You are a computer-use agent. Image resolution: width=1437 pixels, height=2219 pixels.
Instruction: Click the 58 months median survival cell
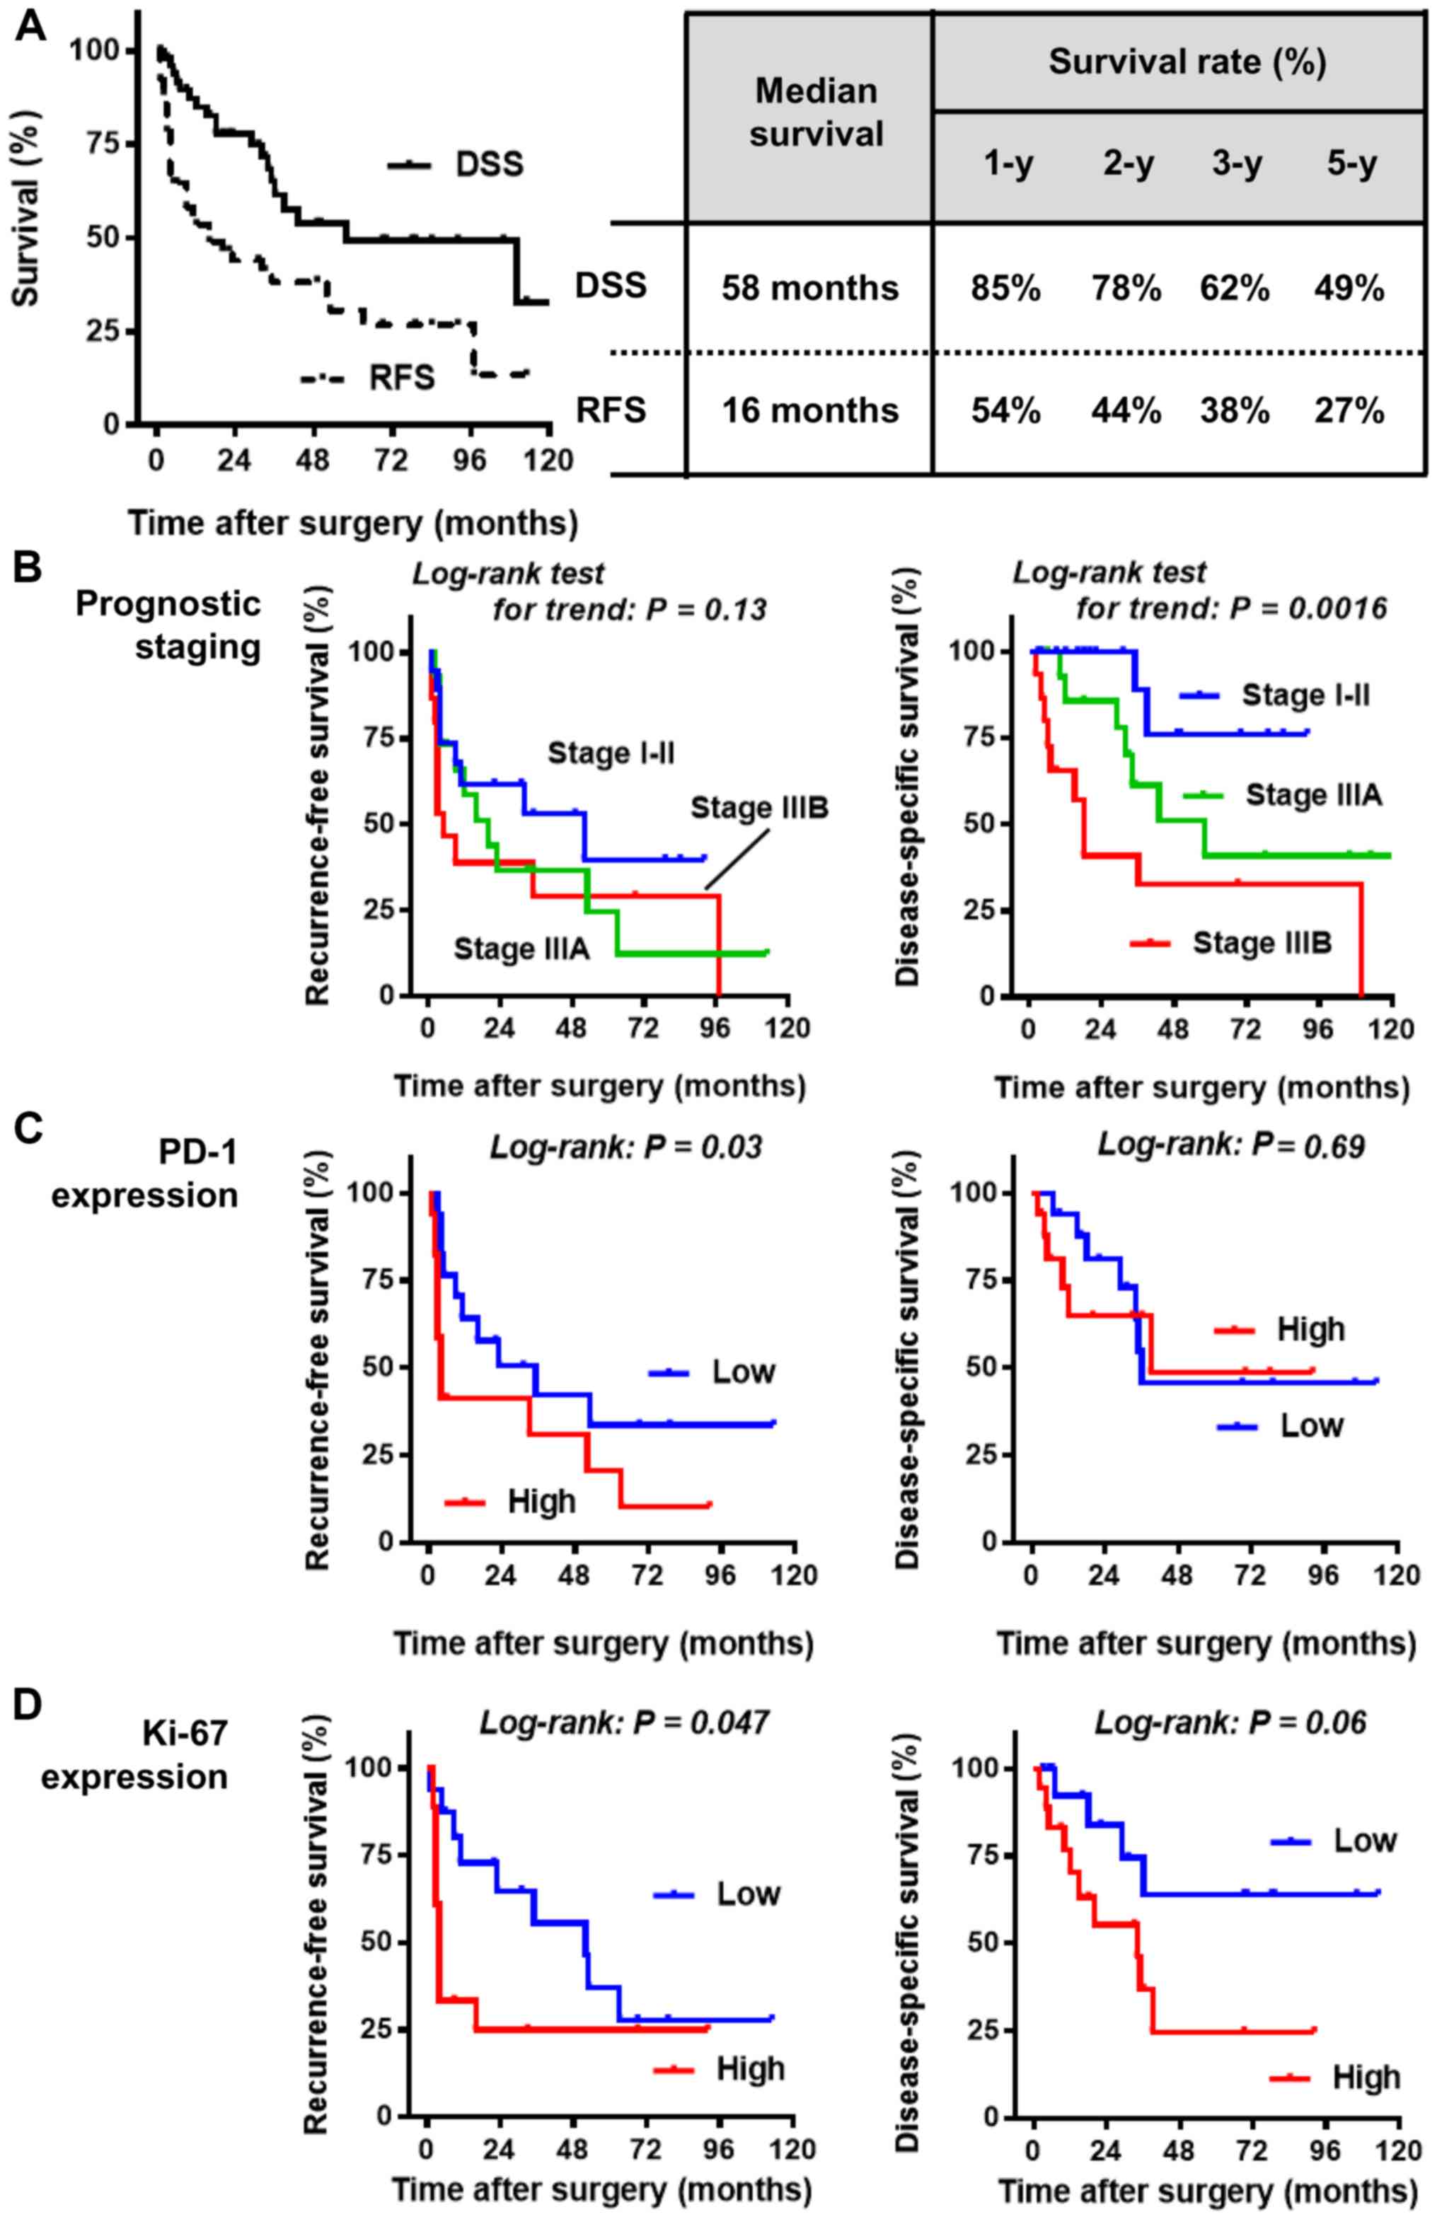point(809,288)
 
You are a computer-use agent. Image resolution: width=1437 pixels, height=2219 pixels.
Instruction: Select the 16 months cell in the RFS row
point(809,410)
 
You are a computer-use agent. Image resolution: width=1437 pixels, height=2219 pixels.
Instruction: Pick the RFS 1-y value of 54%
point(1009,410)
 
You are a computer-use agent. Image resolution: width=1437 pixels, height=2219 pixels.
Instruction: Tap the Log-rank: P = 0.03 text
point(625,1146)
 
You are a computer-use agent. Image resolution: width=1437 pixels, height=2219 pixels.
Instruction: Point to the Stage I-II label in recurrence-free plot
point(611,753)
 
